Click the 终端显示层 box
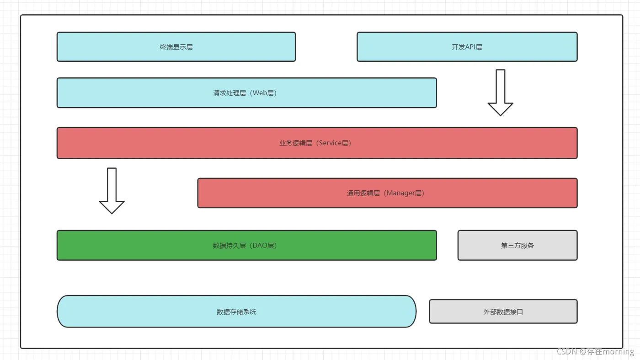click(176, 47)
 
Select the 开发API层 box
click(467, 47)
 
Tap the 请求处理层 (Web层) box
click(246, 93)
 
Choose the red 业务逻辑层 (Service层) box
click(317, 143)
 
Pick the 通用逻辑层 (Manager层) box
click(387, 193)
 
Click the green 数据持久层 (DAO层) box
click(246, 245)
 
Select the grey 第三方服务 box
click(517, 245)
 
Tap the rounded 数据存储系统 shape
click(237, 312)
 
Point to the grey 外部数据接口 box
click(503, 312)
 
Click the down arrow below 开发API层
click(500, 92)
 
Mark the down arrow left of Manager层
click(112, 191)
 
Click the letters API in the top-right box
click(470, 47)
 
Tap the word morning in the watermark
click(618, 351)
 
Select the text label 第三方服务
click(517, 245)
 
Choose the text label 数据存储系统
click(236, 312)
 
